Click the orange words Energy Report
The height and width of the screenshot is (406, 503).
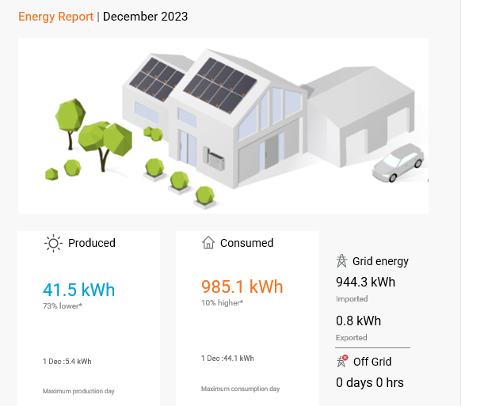55,17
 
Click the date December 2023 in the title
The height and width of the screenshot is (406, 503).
145,17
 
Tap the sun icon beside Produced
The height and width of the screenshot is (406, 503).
53,243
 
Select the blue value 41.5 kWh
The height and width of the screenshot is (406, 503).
79,290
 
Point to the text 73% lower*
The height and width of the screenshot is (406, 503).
63,306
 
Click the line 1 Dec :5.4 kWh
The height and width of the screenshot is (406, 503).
67,362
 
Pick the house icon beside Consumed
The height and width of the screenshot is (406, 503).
208,243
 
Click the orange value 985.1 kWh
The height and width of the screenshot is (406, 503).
242,286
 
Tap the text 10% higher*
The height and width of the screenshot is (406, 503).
223,303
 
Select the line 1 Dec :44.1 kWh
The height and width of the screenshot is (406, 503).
227,359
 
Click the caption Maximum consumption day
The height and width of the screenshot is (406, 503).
241,389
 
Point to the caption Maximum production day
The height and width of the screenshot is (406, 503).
78,391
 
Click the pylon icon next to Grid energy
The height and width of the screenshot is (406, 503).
341,261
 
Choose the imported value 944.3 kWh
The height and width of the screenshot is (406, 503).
366,282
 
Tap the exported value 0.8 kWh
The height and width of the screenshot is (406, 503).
358,321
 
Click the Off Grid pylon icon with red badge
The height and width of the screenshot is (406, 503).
342,361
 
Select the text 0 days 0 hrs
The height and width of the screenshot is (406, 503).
370,382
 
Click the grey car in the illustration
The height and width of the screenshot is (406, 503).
398,163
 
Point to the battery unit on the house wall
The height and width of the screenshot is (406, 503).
214,158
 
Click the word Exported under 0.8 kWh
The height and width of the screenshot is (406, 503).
351,338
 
